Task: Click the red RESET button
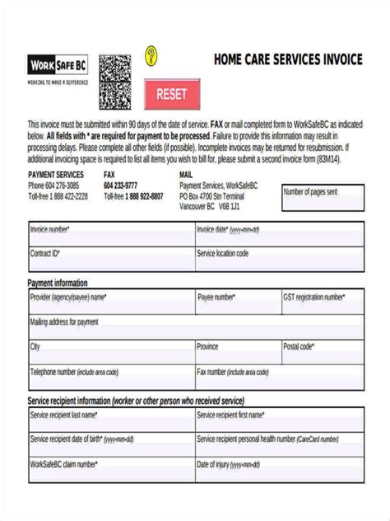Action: tap(172, 94)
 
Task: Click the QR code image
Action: tap(115, 82)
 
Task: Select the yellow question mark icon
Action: tap(151, 56)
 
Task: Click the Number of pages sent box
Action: tap(323, 199)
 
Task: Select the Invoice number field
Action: tap(110, 235)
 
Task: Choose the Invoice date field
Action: tap(278, 235)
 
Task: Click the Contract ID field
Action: tap(110, 260)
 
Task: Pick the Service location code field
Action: tap(278, 260)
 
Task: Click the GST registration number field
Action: tap(322, 303)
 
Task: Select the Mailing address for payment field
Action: tap(196, 327)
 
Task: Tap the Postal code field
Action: tap(322, 352)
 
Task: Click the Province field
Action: tap(236, 352)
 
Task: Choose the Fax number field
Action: tap(278, 378)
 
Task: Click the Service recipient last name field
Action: tap(110, 420)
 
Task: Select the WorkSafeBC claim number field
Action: tap(110, 470)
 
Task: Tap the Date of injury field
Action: tap(278, 470)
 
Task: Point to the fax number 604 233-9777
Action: tap(121, 185)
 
